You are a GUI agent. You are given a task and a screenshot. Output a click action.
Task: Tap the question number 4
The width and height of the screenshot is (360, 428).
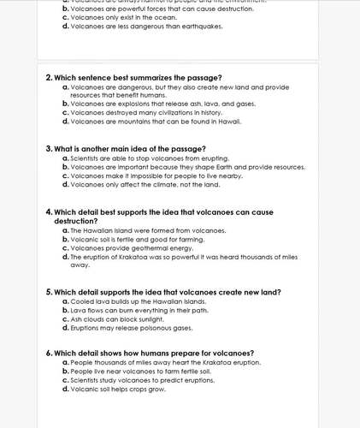tap(48, 211)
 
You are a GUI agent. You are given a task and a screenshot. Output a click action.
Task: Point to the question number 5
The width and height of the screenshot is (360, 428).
tap(48, 292)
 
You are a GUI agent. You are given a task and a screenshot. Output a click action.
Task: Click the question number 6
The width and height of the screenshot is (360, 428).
tap(48, 354)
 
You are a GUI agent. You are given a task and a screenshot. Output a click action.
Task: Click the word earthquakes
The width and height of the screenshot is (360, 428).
tap(200, 27)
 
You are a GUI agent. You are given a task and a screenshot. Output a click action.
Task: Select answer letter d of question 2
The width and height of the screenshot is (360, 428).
tap(66, 121)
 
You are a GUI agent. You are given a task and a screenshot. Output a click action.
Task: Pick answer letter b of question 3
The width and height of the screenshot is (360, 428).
tap(66, 167)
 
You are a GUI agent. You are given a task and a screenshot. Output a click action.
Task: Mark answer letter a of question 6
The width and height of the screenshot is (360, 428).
tap(66, 363)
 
